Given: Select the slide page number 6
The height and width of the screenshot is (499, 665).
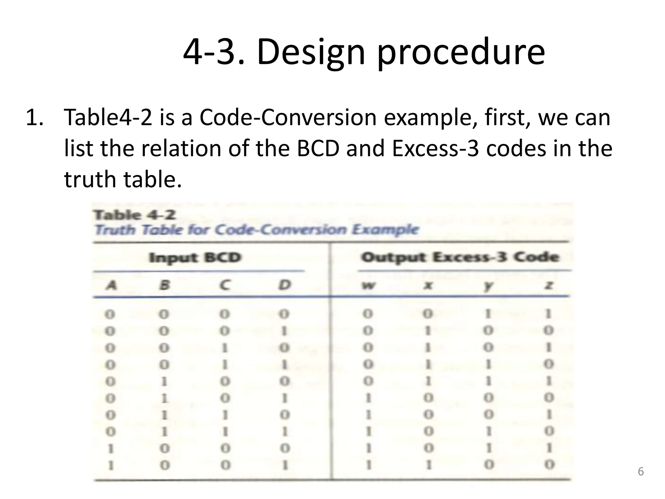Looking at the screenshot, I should (x=641, y=471).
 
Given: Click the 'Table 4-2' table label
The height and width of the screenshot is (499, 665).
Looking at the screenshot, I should (x=135, y=215).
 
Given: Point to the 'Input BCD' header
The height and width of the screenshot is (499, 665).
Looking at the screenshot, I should (x=195, y=258).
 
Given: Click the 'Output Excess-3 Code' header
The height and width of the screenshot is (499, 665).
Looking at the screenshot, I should (x=460, y=257).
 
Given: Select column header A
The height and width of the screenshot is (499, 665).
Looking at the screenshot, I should (x=111, y=286).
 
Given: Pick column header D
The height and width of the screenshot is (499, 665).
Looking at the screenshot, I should (x=284, y=285).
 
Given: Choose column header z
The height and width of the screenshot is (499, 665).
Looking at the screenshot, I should (x=549, y=286).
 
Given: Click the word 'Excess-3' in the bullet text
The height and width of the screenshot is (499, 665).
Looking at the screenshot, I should (x=435, y=148).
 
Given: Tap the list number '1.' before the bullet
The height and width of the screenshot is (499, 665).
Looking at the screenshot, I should (x=34, y=117).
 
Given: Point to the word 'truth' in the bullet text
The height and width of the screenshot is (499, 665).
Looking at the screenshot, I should (x=89, y=179).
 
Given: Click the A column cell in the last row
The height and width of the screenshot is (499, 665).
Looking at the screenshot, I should (x=111, y=465).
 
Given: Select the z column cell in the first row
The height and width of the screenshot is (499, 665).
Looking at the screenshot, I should (x=548, y=314).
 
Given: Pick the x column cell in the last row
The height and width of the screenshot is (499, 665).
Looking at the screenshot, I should (x=429, y=465).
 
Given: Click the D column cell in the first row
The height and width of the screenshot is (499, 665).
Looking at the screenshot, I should (x=284, y=314).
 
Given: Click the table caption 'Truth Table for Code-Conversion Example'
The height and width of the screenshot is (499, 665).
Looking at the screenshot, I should (x=257, y=230).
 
